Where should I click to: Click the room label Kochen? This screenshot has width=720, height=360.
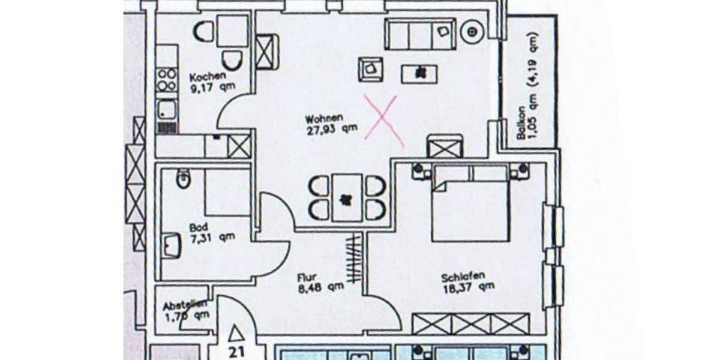coord(208,77)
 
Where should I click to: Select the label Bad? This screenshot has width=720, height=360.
coord(198,227)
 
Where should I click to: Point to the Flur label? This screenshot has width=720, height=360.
coord(307,277)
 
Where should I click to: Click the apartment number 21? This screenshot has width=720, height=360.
coord(236,352)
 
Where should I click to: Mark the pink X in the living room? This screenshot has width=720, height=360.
coord(383,122)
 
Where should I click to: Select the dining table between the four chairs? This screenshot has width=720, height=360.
coord(347,197)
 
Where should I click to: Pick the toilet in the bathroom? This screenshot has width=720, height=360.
coord(183,178)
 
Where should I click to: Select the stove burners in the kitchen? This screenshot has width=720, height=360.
coord(167,80)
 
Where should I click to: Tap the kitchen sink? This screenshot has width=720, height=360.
coord(166,109)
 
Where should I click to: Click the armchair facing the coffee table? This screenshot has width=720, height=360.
coord(371,68)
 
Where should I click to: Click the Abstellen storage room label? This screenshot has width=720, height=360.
coord(186,305)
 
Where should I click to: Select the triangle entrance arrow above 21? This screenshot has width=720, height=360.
coord(236,333)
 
